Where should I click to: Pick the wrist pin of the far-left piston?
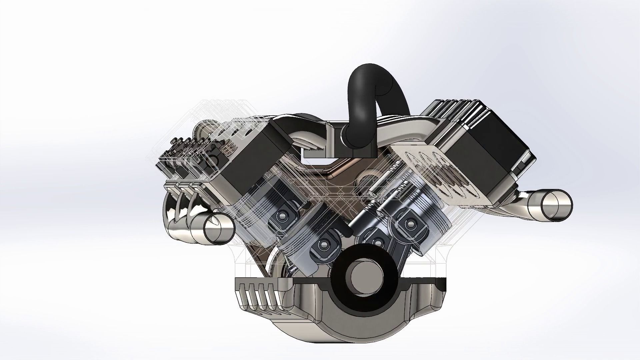coord(283,217)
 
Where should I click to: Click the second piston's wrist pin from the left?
coord(323,245)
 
